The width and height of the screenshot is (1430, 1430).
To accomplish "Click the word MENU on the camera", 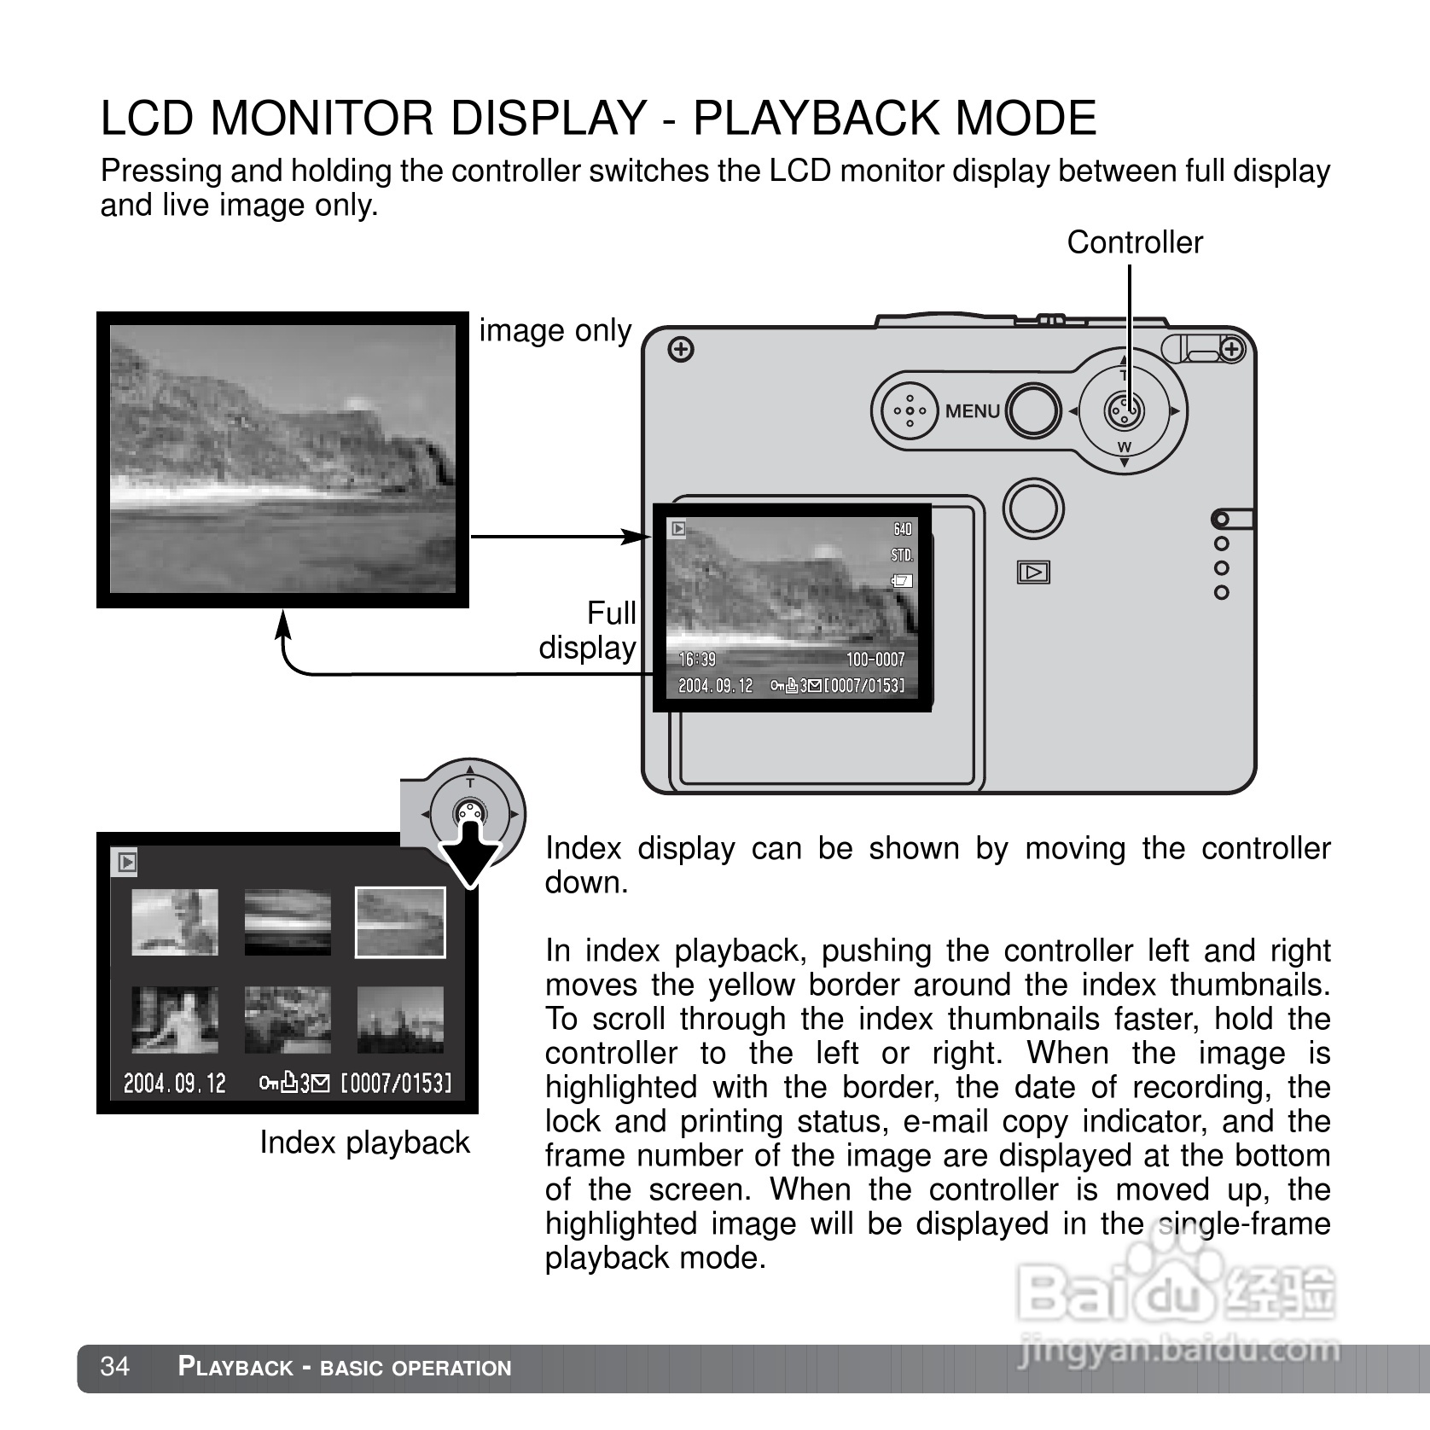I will click(x=972, y=411).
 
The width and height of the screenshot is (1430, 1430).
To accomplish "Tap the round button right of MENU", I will click(x=1033, y=410).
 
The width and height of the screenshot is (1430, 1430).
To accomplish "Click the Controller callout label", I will click(x=1134, y=242).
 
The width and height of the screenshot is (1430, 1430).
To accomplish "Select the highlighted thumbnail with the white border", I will click(x=400, y=922).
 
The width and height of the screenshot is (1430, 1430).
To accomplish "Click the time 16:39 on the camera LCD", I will click(x=697, y=660).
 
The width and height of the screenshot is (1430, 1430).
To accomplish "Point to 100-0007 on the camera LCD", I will click(x=875, y=660).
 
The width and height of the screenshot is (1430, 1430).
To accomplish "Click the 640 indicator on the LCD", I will click(x=902, y=529).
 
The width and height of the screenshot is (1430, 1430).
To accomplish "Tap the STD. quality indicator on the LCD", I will click(x=902, y=555).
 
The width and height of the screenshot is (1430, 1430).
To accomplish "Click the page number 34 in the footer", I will click(x=115, y=1367).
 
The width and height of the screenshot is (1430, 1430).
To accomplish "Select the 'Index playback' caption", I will click(x=364, y=1142).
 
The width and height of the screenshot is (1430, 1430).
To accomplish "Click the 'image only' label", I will click(x=555, y=330).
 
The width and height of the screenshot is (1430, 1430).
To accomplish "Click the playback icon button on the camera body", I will click(x=1033, y=573).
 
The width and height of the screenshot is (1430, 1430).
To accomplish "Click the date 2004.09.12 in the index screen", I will click(x=175, y=1084).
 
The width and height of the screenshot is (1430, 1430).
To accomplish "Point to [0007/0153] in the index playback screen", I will click(x=396, y=1084).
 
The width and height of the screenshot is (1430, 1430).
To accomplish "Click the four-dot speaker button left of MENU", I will click(x=910, y=410).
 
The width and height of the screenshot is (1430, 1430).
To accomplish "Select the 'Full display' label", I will click(x=589, y=631).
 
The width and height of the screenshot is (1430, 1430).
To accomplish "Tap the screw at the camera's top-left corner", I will click(x=680, y=350).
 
